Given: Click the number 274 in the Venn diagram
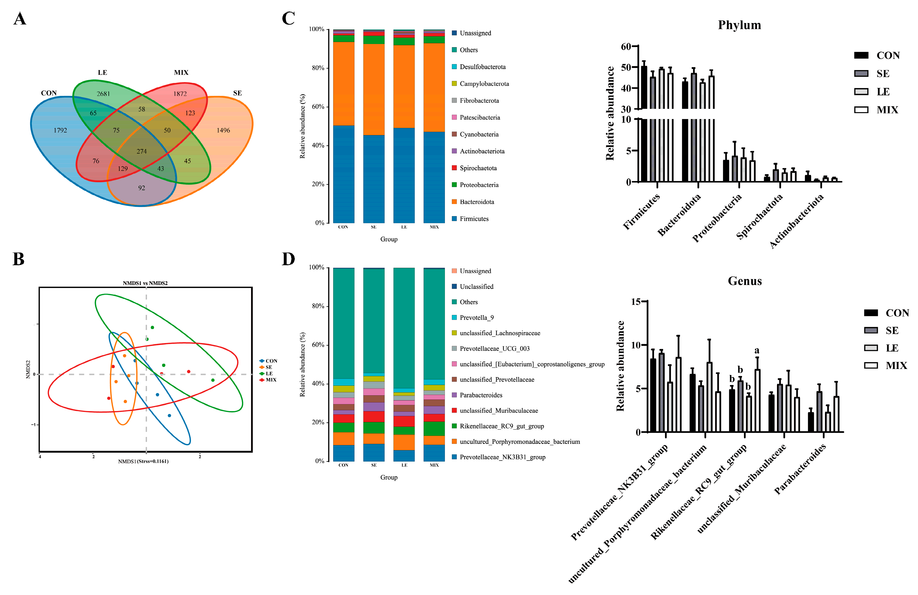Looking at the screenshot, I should point(142,151).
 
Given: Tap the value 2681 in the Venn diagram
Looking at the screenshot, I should point(103,94).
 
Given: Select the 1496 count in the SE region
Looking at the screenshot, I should point(223,130).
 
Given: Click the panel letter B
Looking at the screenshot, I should point(18,259).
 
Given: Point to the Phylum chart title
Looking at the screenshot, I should point(739,25).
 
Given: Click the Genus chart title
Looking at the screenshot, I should point(744,281).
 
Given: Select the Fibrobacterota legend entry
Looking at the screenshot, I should point(479,101).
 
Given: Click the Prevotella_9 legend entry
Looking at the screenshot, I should point(476,318).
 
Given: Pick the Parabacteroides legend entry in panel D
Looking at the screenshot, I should point(481,395).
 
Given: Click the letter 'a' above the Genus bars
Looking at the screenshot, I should point(757,350).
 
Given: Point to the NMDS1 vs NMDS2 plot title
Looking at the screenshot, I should point(145,283).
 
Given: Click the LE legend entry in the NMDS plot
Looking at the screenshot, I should point(269,374).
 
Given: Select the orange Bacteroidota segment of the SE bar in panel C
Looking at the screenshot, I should point(373,89).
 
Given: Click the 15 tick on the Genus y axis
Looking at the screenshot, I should point(636,302).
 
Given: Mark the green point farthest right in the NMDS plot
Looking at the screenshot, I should point(213,380).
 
